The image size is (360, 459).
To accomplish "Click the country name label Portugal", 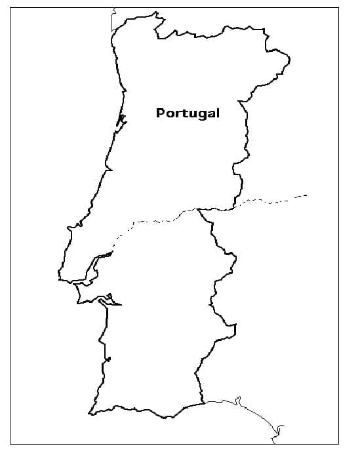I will tap(188, 113).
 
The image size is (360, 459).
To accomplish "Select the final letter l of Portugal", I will tap(218, 113).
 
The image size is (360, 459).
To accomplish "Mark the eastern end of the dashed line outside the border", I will tap(306, 195).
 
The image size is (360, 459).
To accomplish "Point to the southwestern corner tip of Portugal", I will tap(90, 412).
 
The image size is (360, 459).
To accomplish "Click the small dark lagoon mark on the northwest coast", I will tap(121, 120).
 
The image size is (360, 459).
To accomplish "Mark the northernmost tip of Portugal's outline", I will tap(155, 12).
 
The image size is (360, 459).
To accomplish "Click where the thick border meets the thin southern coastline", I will tap(203, 401).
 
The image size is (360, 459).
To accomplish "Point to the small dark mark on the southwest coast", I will tap(108, 359).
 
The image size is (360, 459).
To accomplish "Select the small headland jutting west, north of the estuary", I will tap(69, 229).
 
